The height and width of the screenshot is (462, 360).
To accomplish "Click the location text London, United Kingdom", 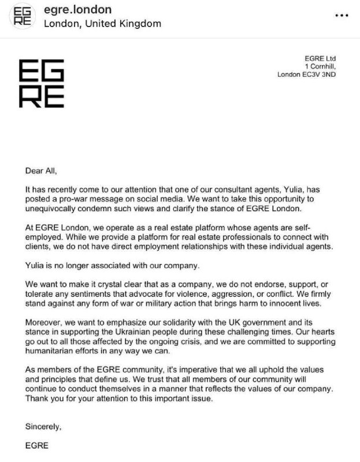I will coord(103,24).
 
